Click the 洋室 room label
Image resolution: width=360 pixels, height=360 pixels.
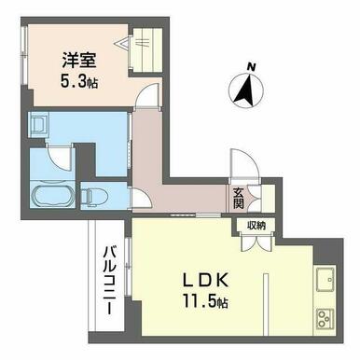pos(78,61)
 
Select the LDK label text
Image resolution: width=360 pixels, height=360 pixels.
pos(206,280)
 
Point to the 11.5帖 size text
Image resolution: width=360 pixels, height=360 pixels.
pos(205,300)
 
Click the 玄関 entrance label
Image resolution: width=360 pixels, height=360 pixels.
pos(238,199)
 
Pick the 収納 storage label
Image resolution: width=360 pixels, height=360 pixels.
pos(256,226)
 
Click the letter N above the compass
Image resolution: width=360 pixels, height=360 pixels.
pos(251,66)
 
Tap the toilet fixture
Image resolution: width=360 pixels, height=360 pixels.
pos(94,197)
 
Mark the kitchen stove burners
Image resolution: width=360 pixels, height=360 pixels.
pos(325,319)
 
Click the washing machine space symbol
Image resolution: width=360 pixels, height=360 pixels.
pos(38,124)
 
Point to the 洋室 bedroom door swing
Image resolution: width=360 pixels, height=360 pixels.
pos(148,96)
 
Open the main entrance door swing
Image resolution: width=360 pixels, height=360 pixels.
pos(243,164)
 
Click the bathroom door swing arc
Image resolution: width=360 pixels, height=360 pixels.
pos(62,159)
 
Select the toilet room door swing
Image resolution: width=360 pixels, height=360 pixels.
pos(142,199)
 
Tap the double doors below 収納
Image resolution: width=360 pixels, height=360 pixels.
pos(256,242)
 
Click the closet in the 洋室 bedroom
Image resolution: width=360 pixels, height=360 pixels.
pos(146,50)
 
